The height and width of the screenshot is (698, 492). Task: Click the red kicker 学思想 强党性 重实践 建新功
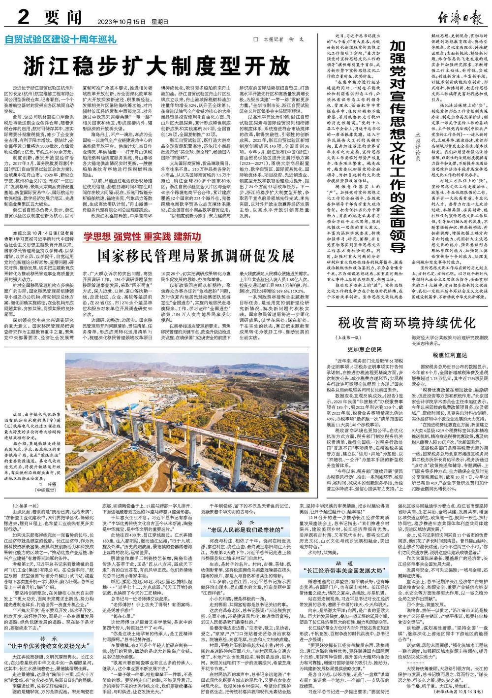(142, 236)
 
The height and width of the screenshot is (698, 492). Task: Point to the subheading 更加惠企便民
(365, 349)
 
